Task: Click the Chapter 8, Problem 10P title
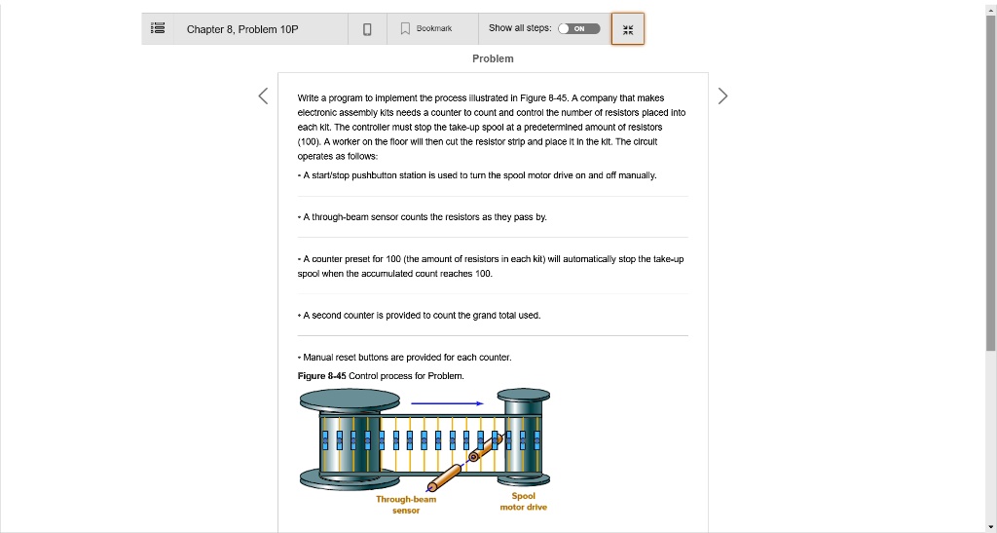242,29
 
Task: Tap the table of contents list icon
157,29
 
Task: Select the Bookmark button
425,29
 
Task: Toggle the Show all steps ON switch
578,29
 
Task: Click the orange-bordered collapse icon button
627,29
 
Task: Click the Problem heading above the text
493,58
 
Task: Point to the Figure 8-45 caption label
321,375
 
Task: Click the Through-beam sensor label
406,505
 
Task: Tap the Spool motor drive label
523,501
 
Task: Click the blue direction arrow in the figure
447,402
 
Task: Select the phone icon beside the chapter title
367,29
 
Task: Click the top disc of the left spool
350,398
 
